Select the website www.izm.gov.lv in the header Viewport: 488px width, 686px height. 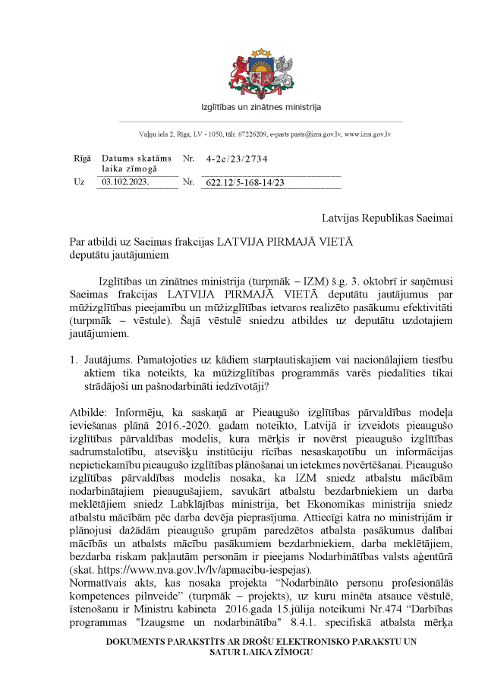click(x=368, y=134)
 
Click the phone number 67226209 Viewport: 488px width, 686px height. click(x=237, y=134)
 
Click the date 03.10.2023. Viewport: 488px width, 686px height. click(x=126, y=183)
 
